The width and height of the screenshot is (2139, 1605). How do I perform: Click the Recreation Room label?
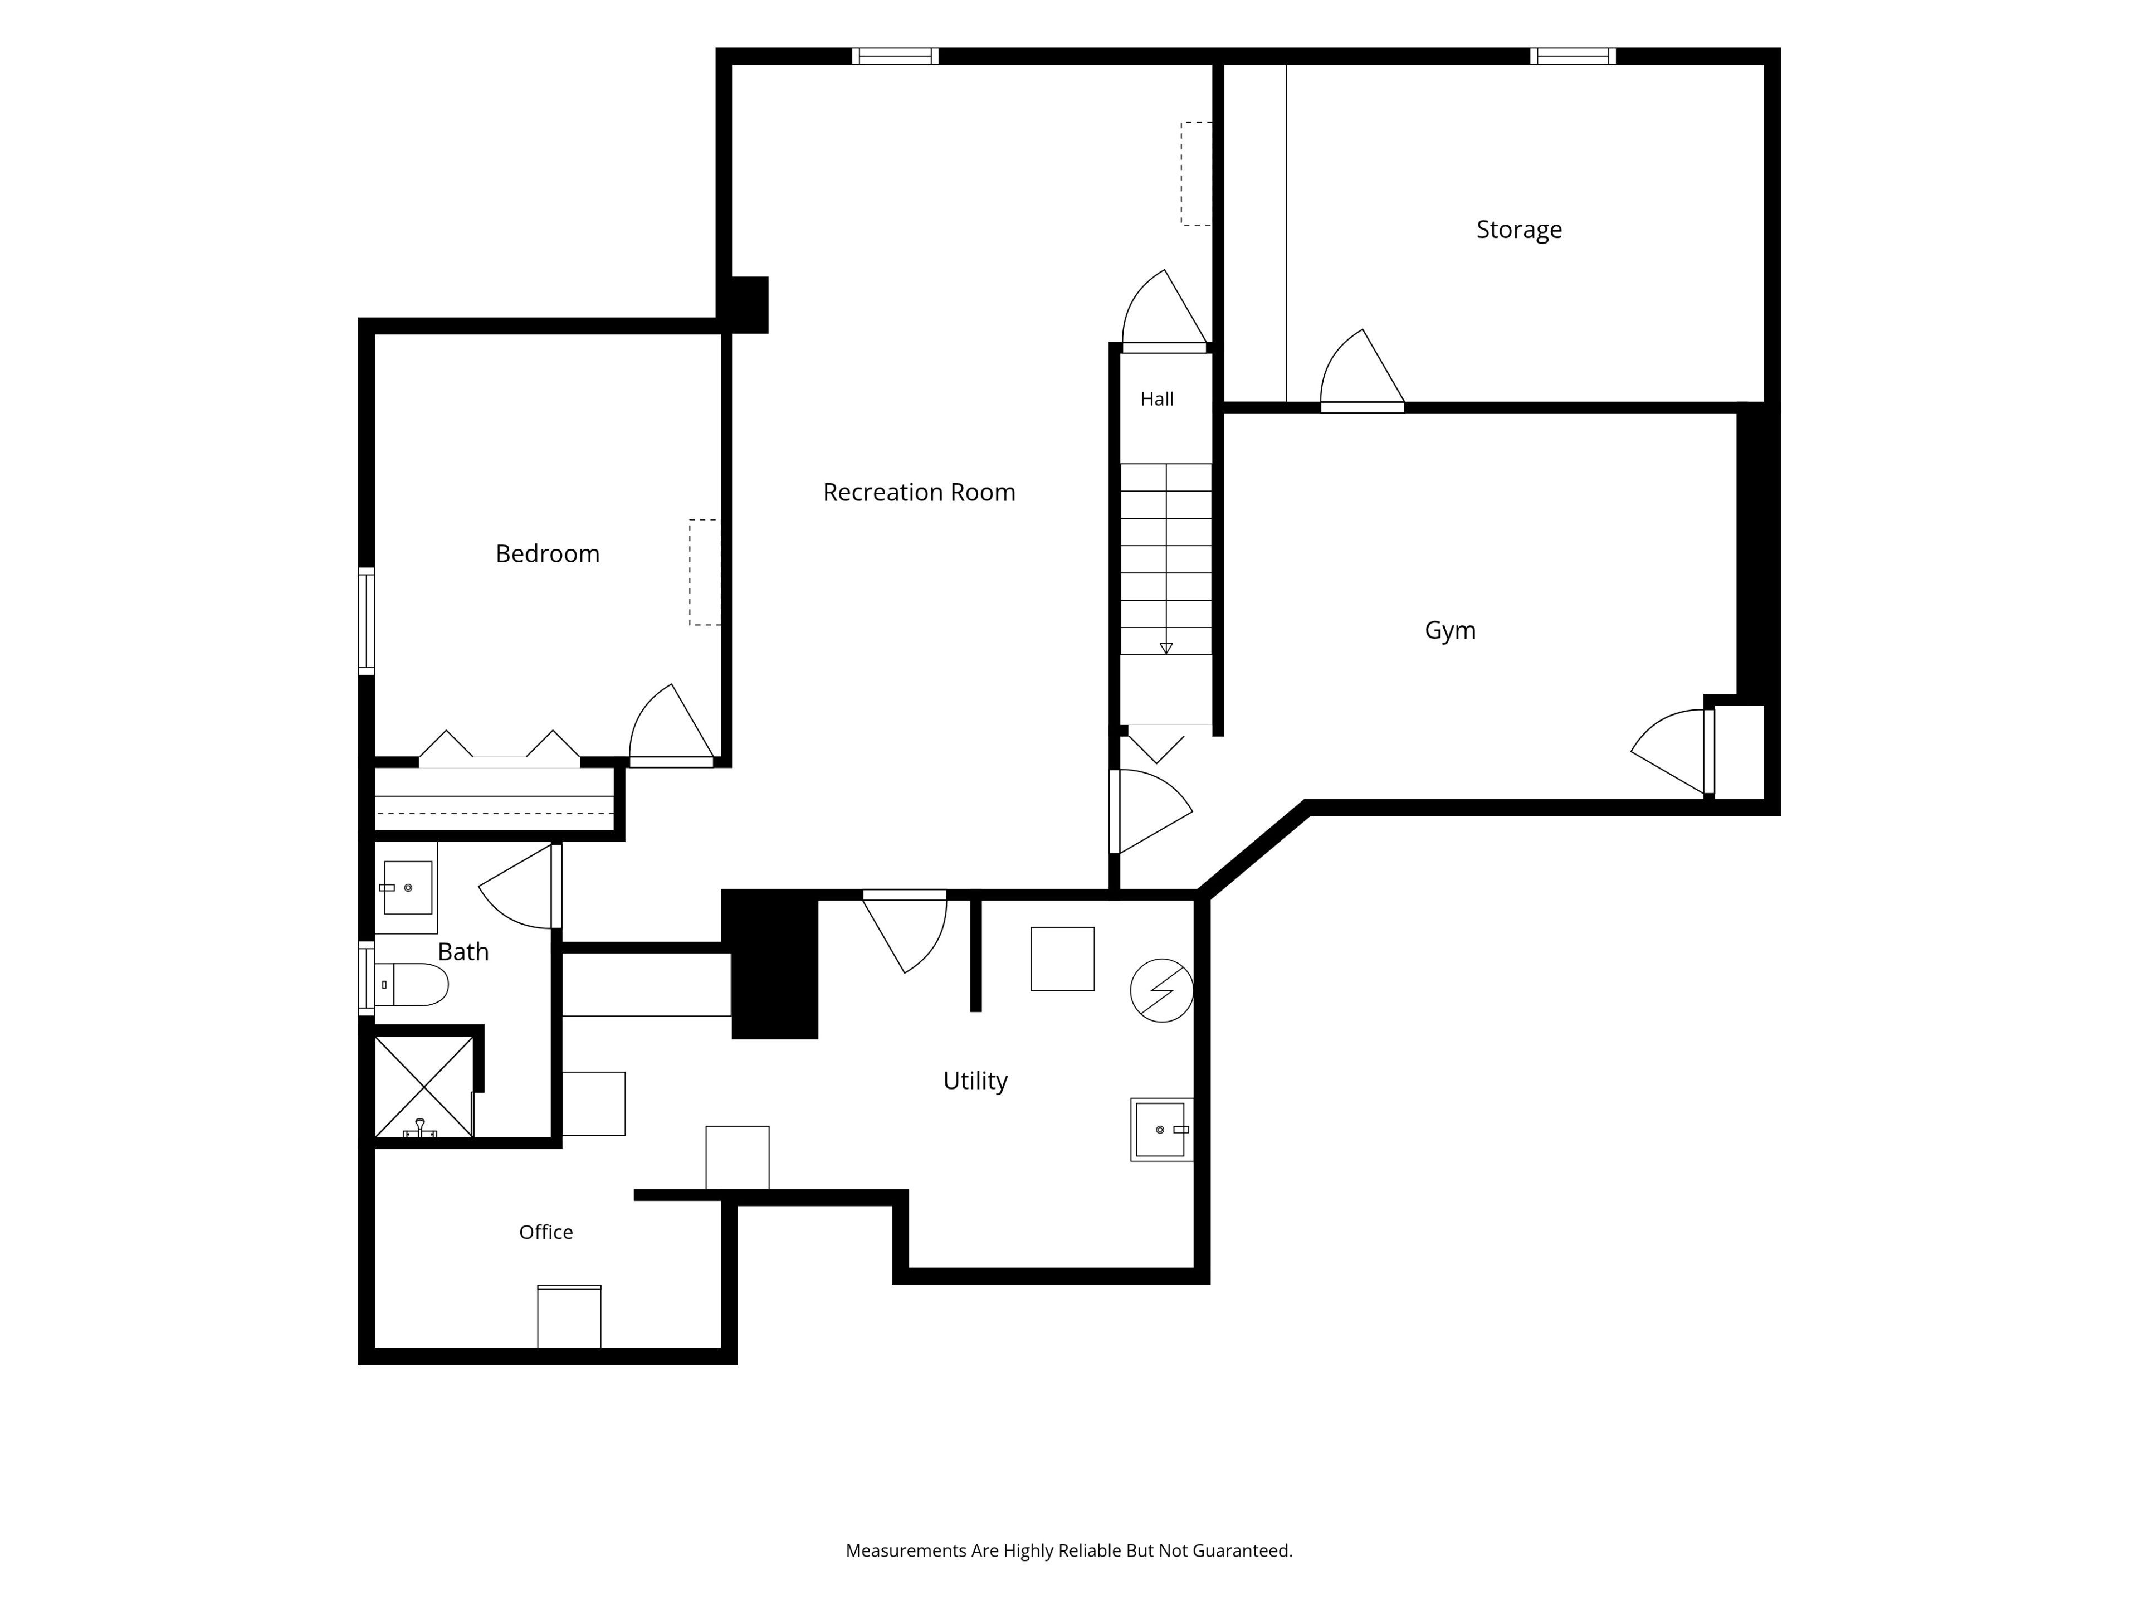pos(919,493)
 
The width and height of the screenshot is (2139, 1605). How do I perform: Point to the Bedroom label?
pos(548,553)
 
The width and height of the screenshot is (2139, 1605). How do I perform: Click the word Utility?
pos(975,1081)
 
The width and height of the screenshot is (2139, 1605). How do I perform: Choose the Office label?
pos(545,1232)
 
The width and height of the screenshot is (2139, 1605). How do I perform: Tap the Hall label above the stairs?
pos(1156,398)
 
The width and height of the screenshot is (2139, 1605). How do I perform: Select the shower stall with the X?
pos(423,1087)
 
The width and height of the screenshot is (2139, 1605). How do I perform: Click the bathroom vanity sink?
pos(406,887)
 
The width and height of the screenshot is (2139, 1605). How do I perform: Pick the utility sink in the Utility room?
pos(1161,1129)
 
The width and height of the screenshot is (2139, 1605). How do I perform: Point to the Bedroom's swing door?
pos(671,726)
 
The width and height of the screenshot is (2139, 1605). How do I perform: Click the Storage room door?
pos(1361,371)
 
